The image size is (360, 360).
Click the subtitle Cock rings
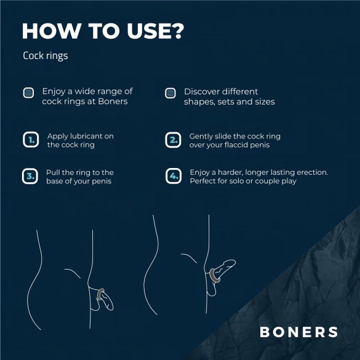45,56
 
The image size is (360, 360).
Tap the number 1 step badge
30,140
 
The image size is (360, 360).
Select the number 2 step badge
174,140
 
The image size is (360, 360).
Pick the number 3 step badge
30,177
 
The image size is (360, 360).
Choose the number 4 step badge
174,177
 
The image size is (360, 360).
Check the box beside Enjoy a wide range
28,93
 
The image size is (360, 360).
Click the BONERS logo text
298,332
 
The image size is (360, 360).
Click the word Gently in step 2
201,136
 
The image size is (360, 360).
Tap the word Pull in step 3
54,172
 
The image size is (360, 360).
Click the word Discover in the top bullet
203,91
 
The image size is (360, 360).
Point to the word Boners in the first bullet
113,102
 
